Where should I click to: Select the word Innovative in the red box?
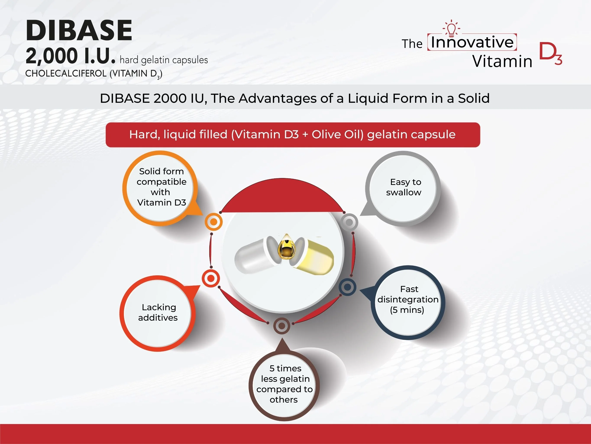[x=472, y=42]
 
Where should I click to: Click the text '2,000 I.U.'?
[x=71, y=56]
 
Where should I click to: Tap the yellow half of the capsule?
[x=316, y=258]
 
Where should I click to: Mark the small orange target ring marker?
[x=213, y=222]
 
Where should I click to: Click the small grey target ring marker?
[x=349, y=222]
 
